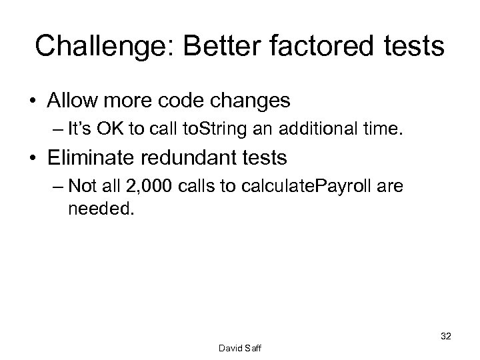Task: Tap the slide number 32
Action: (445, 337)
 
